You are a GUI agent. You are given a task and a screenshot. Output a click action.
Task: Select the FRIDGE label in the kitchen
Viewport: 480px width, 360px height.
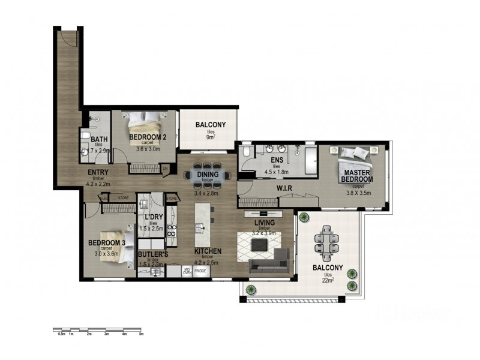[x=200, y=271]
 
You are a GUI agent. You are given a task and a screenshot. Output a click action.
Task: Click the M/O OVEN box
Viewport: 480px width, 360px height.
[x=187, y=271]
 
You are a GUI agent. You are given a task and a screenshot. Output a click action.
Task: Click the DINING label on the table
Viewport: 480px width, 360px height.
[x=208, y=175]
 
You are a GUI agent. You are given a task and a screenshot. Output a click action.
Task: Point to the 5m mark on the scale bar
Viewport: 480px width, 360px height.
[x=142, y=334]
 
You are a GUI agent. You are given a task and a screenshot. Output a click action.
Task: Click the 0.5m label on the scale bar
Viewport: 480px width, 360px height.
[x=61, y=334]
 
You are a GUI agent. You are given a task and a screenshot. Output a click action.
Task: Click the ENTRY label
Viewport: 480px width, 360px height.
[x=98, y=173]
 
